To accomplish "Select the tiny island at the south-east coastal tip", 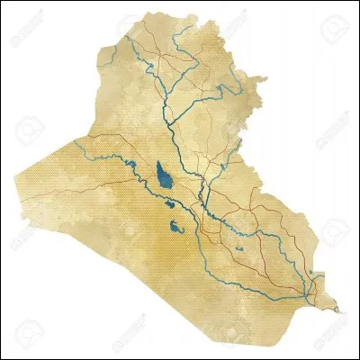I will (338, 310).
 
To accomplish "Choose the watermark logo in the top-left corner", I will (27, 34).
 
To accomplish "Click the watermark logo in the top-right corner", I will (333, 34).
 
